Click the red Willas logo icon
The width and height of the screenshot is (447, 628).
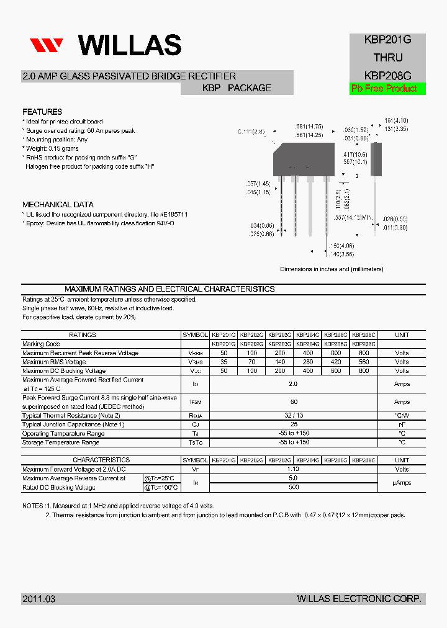(47, 45)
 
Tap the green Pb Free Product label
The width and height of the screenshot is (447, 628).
(384, 89)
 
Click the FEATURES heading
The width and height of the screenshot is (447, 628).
(42, 112)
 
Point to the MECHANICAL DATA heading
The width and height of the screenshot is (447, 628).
(58, 205)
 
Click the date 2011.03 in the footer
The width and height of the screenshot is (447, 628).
(39, 599)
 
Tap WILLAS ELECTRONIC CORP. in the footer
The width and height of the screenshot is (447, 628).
(359, 599)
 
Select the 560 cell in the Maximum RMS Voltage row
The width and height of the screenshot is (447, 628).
(364, 362)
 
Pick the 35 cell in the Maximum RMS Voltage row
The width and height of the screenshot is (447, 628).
(223, 362)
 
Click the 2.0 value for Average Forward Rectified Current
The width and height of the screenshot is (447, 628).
(294, 384)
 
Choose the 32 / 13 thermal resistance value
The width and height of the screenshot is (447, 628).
(294, 416)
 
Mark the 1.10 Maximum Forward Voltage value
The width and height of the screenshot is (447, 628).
(294, 470)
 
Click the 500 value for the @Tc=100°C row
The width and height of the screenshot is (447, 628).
(294, 488)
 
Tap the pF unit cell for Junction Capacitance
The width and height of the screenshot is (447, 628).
(402, 424)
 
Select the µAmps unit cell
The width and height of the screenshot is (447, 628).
(402, 483)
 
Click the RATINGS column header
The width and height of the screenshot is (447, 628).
(83, 335)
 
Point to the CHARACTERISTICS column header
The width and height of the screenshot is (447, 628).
(101, 460)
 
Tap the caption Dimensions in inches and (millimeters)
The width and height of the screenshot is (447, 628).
(332, 269)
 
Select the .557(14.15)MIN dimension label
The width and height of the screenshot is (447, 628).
(353, 218)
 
